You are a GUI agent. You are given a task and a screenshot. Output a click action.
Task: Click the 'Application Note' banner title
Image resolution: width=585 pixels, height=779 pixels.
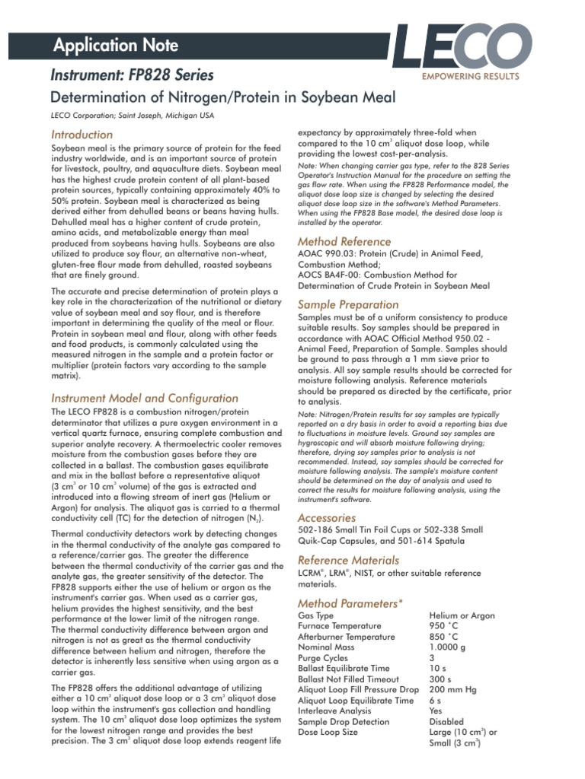click(x=116, y=46)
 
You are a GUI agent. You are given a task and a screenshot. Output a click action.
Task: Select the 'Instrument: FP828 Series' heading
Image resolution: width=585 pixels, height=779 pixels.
click(x=132, y=75)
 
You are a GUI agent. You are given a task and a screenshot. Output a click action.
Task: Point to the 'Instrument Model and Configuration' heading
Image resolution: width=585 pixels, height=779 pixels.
click(x=144, y=398)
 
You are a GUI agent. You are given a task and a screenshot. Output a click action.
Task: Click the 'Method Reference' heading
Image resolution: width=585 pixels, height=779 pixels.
click(x=344, y=241)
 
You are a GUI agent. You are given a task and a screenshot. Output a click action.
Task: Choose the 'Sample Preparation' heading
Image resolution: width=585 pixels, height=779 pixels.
click(x=347, y=304)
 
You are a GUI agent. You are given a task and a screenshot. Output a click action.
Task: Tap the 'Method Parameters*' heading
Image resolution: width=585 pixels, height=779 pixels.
click(x=350, y=603)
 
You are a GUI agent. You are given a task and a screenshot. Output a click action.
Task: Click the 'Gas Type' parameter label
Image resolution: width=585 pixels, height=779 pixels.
click(x=315, y=615)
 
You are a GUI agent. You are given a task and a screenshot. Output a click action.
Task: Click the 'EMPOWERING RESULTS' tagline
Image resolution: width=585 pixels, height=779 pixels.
click(x=469, y=77)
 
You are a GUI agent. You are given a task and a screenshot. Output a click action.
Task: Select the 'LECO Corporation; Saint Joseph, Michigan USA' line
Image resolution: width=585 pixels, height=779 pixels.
click(x=131, y=116)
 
